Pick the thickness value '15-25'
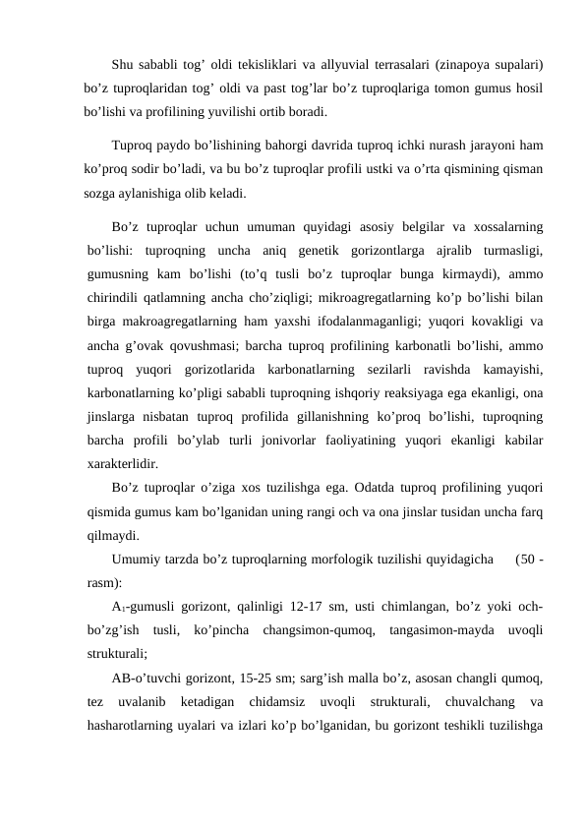[x=273, y=678]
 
